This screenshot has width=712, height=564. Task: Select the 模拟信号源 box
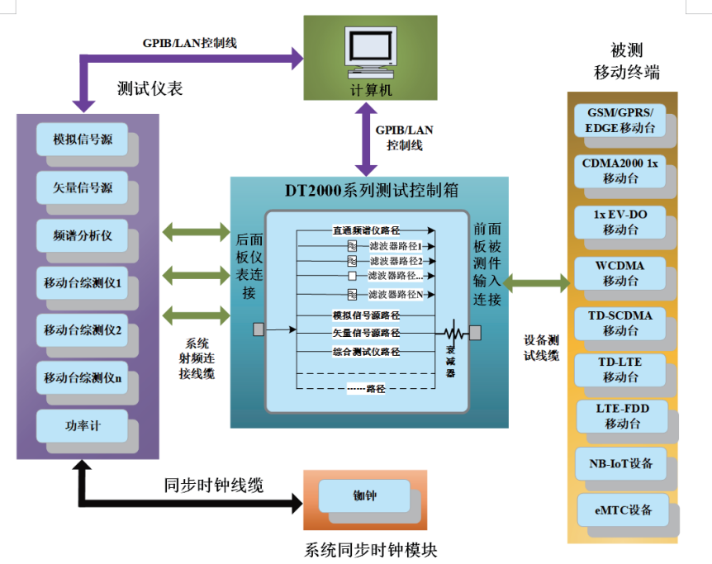point(82,140)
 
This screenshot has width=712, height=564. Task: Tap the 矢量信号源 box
point(82,187)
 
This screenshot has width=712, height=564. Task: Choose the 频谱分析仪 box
point(82,235)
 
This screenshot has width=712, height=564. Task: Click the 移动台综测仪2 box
point(82,330)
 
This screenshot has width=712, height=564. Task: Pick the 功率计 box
point(82,426)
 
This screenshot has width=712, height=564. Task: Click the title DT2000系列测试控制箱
point(367,191)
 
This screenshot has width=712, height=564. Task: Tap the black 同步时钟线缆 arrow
point(190,502)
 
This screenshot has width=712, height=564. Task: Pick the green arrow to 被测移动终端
point(536,283)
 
